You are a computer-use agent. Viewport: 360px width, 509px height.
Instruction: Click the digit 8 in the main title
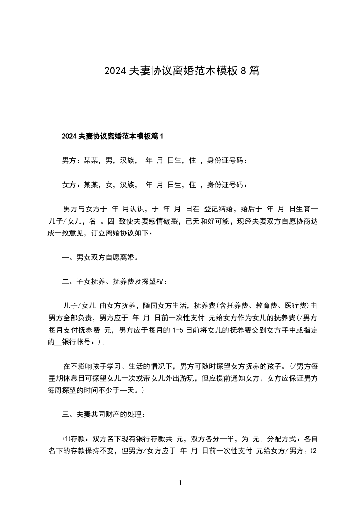[243, 71]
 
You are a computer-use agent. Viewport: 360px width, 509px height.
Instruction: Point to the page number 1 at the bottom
[180, 484]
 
